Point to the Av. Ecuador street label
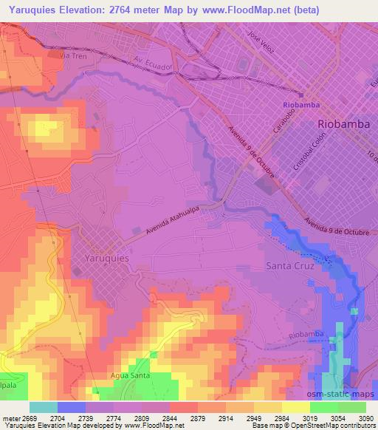[x=153, y=64]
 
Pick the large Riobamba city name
[x=343, y=124]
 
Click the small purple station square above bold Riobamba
[x=301, y=95]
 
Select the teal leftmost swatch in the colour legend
[x=44, y=407]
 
